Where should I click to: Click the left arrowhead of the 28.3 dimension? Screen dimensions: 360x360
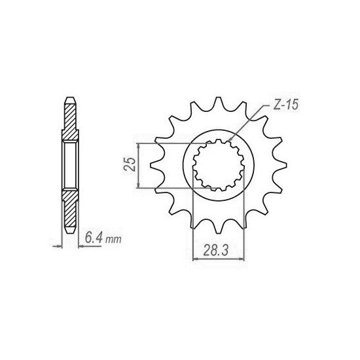coord(195,257)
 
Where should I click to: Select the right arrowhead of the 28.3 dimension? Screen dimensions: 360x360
coord(242,257)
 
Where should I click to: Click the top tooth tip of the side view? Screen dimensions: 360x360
coord(69,99)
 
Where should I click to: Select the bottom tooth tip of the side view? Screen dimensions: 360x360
coord(69,234)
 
